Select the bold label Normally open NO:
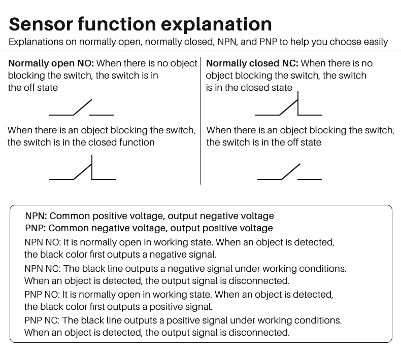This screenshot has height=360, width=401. [51, 63]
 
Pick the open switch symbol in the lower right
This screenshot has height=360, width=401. [289, 172]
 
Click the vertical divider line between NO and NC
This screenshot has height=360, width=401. [201, 121]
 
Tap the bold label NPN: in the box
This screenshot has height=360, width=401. [36, 216]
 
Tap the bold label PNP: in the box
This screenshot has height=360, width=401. [36, 228]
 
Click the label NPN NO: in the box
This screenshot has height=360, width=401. [43, 242]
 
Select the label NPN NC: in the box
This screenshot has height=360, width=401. [43, 269]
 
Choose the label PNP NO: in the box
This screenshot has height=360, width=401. [42, 294]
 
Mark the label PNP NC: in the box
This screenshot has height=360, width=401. [42, 320]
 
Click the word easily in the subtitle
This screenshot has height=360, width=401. [376, 42]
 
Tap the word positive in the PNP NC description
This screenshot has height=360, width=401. [182, 320]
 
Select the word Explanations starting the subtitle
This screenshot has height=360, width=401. [36, 42]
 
